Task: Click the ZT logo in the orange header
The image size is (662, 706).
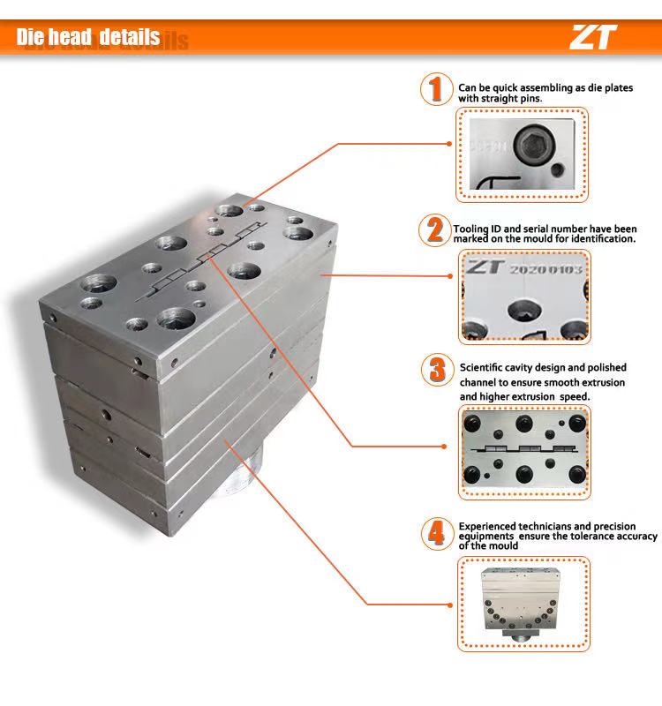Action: [x=593, y=36]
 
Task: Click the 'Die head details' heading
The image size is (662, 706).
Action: [x=88, y=37]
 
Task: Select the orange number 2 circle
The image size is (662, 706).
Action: [x=433, y=230]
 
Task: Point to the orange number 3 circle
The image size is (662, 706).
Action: [x=436, y=369]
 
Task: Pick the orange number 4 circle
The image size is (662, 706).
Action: [x=435, y=532]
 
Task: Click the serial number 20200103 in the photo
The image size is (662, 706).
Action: [x=546, y=269]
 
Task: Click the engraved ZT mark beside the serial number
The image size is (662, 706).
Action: [x=485, y=267]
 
